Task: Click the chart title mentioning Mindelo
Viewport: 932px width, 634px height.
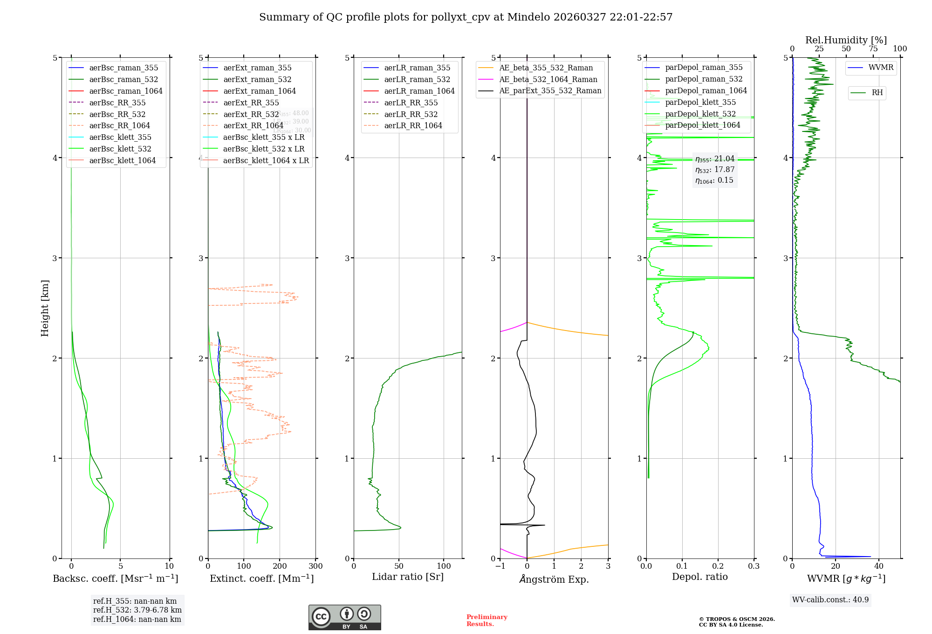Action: tap(466, 17)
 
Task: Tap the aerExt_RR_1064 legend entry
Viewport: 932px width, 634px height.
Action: tap(253, 125)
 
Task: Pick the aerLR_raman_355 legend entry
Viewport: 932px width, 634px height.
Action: tap(417, 68)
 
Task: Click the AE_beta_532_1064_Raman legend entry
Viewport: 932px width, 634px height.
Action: tap(548, 79)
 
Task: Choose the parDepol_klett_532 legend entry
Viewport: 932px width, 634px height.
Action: tap(700, 114)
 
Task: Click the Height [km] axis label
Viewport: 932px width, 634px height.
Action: tap(45, 308)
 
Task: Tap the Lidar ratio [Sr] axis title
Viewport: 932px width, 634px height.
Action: tap(408, 577)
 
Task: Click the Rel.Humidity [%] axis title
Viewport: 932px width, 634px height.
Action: tap(846, 40)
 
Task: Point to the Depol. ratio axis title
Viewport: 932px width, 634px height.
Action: tap(699, 577)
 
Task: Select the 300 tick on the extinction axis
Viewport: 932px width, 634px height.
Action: tap(315, 566)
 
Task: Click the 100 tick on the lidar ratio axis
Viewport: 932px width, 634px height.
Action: tap(444, 566)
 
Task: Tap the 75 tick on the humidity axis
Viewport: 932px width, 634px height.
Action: tap(873, 49)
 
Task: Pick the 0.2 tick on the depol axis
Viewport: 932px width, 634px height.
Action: tap(718, 566)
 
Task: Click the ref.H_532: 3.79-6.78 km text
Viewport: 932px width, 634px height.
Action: tap(137, 610)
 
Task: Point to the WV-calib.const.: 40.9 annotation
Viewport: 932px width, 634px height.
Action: tap(830, 600)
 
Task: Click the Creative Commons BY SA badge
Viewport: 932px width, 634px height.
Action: tap(344, 618)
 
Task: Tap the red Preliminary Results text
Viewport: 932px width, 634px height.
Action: tap(487, 620)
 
